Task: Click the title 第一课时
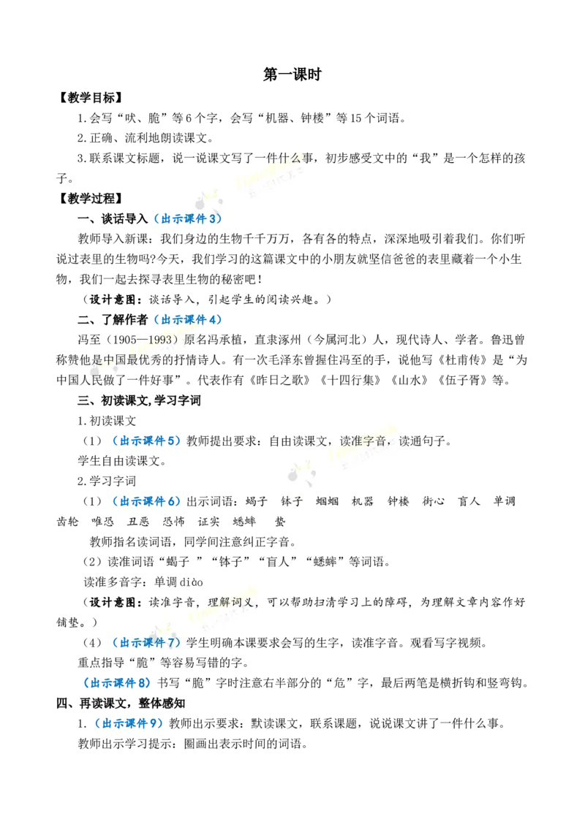pos(292,75)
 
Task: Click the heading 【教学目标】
pos(90,98)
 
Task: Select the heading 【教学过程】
pos(90,199)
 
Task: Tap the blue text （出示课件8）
pos(117,683)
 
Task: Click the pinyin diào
pos(191,582)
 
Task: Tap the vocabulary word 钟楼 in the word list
pos(398,502)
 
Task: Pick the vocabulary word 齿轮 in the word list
pos(67,522)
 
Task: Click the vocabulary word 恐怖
pos(174,522)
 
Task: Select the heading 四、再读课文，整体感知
pos(121,704)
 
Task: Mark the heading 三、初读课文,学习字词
pos(140,401)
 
